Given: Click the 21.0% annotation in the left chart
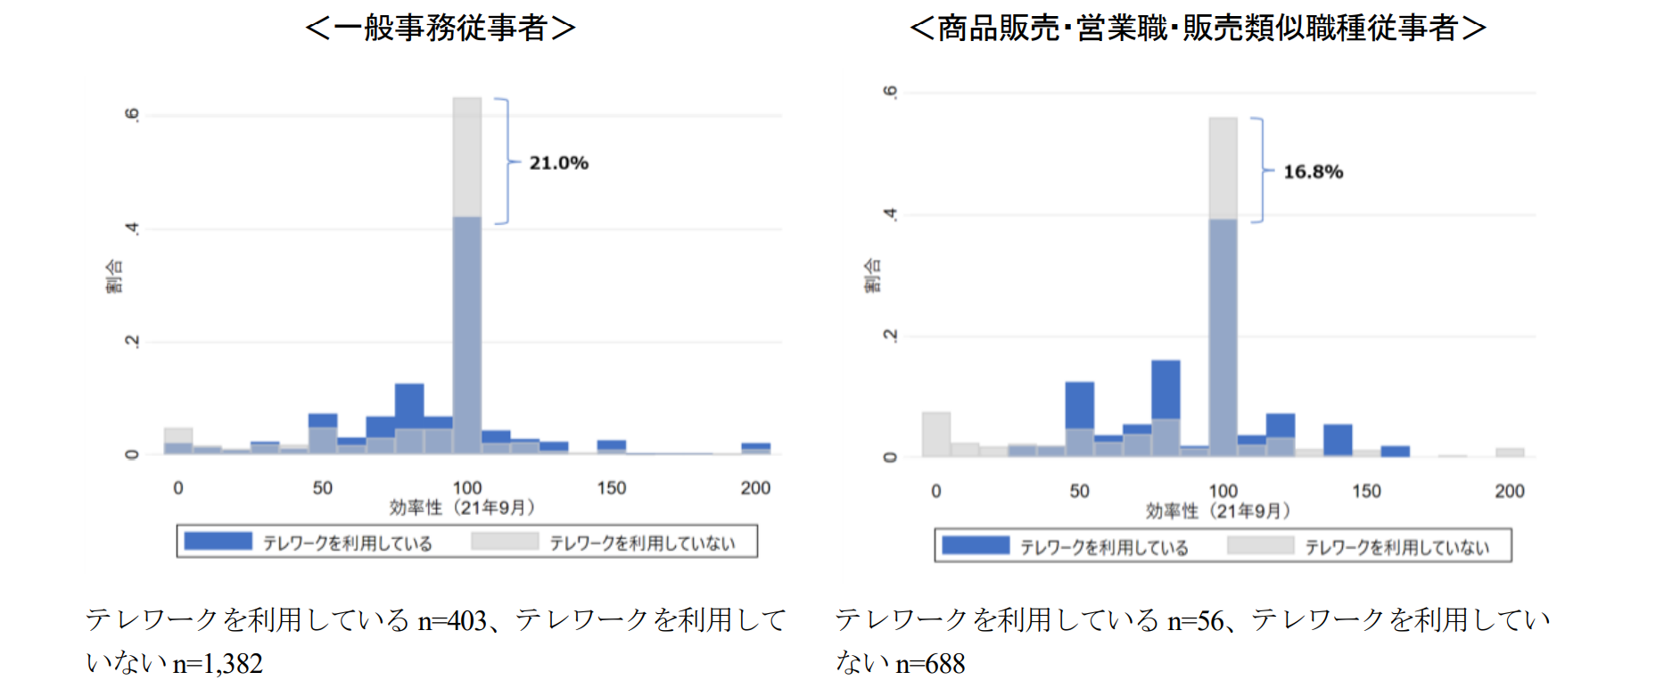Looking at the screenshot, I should pyautogui.click(x=558, y=163).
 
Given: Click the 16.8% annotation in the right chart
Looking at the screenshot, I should pyautogui.click(x=1313, y=172).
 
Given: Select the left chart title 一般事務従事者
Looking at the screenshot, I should pyautogui.click(x=441, y=29).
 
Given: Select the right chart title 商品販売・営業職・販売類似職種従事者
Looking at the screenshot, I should pyautogui.click(x=1198, y=29).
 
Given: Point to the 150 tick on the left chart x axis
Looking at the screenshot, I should pyautogui.click(x=612, y=488).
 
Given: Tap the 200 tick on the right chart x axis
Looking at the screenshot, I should pyautogui.click(x=1510, y=491).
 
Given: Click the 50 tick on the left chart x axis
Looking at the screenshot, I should pyautogui.click(x=322, y=488).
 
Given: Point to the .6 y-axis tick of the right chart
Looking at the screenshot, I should pyautogui.click(x=889, y=92).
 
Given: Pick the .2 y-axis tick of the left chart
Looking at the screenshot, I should pyautogui.click(x=132, y=342).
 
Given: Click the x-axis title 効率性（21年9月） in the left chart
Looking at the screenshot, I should pyautogui.click(x=463, y=508).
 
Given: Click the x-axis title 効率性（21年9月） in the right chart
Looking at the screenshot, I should pyautogui.click(x=1218, y=511).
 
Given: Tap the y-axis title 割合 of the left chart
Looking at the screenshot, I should pyautogui.click(x=114, y=276).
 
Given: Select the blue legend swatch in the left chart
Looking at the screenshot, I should pyautogui.click(x=218, y=542).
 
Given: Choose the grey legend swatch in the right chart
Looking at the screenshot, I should pyautogui.click(x=1260, y=545).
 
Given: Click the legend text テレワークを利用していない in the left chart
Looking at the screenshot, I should pyautogui.click(x=642, y=543).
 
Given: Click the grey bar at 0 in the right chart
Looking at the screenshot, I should pyautogui.click(x=935, y=435).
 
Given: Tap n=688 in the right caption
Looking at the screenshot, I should pyautogui.click(x=930, y=664).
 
